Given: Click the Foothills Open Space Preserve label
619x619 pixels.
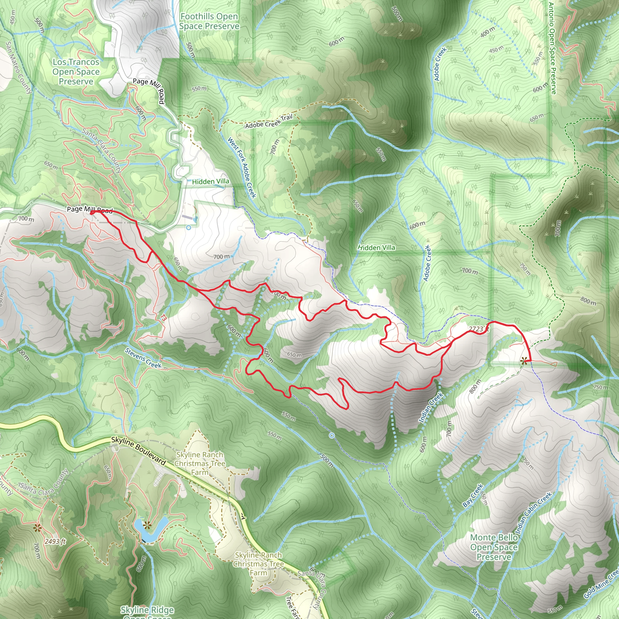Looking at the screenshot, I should [x=209, y=21].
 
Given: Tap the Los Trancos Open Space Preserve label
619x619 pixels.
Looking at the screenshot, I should [x=76, y=71].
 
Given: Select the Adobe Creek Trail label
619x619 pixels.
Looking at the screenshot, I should [x=269, y=122].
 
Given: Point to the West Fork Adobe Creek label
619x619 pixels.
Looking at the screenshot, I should [x=242, y=167].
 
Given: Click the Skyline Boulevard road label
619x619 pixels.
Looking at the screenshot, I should [x=138, y=451].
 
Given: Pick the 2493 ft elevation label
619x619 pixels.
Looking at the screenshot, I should [x=55, y=541].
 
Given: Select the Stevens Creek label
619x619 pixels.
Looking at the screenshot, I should [x=143, y=358].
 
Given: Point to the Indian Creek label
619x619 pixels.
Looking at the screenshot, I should [x=431, y=407].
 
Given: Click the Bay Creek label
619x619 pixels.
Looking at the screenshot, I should [x=473, y=495].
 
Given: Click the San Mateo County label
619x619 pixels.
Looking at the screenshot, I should [x=19, y=68].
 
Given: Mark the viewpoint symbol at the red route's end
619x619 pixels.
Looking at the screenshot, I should [x=523, y=361].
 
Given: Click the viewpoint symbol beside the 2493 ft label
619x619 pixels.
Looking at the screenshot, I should [x=37, y=528].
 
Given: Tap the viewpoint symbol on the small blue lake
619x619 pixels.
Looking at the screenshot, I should [x=147, y=525].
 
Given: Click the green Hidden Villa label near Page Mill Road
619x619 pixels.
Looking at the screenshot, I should [x=210, y=182].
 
